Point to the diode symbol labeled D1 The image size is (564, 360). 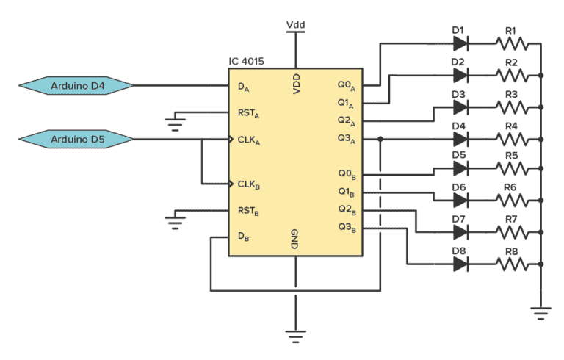(x=461, y=44)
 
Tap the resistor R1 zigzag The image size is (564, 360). (x=512, y=44)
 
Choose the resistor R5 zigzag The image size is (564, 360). (x=512, y=169)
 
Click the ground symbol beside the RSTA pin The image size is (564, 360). (x=174, y=123)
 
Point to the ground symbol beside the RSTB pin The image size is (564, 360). (x=174, y=220)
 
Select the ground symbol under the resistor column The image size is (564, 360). (x=541, y=314)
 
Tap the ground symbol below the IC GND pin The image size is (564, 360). (x=295, y=337)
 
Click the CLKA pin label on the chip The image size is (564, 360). (x=249, y=140)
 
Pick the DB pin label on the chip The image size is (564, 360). (x=243, y=237)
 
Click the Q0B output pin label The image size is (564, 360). (x=347, y=174)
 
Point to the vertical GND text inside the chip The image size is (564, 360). (x=294, y=240)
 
